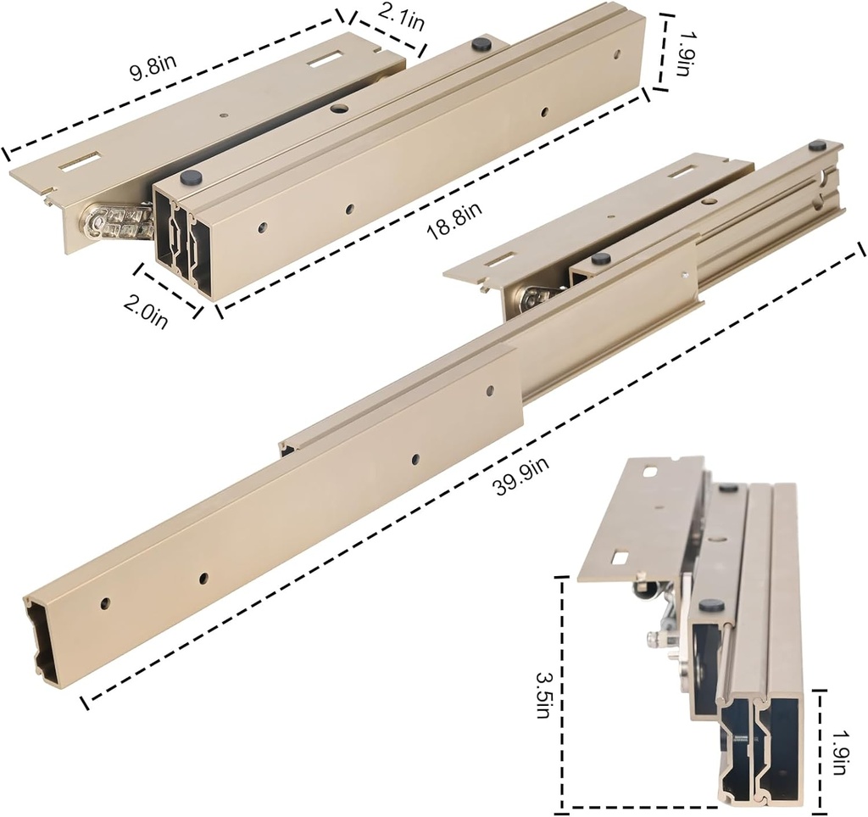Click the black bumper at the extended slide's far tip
coord(816,146)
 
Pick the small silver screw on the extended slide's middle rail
coord(686,273)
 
